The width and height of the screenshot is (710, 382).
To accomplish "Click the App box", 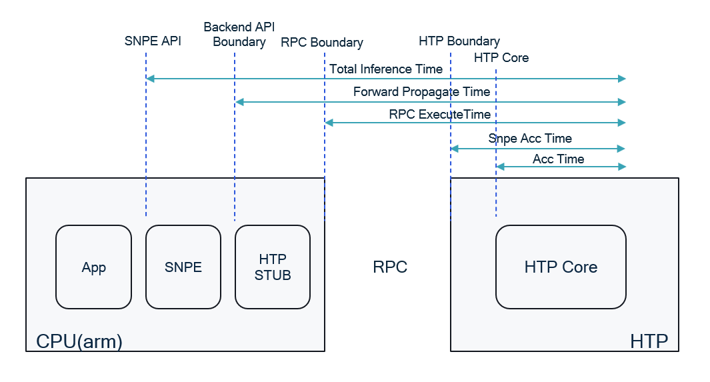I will [93, 267].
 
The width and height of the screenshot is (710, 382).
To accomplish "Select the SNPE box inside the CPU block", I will [183, 267].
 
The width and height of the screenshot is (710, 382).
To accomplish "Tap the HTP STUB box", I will [273, 267].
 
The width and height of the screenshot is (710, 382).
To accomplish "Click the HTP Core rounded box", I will [561, 267].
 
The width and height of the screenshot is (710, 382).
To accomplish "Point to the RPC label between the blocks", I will [390, 267].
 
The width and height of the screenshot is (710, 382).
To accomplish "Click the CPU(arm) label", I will [79, 341].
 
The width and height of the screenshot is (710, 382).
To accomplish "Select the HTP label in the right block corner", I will [649, 341].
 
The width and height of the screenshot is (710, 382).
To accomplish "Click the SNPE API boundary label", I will [153, 41].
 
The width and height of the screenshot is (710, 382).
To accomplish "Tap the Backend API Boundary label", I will [235, 35].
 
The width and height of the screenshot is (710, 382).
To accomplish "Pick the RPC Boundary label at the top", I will [322, 43].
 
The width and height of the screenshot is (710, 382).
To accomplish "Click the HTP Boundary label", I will [459, 41].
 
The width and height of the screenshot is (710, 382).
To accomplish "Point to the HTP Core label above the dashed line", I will [501, 58].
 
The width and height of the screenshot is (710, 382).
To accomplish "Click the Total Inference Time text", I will [386, 69].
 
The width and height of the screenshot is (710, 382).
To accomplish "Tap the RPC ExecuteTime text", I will [439, 114].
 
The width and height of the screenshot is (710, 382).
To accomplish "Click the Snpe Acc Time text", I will [530, 139].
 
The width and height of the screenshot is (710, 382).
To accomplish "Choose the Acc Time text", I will [558, 159].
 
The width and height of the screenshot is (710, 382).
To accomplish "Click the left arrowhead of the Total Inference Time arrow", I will [150, 79].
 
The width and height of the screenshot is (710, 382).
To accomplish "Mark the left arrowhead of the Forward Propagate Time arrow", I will [239, 102].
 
